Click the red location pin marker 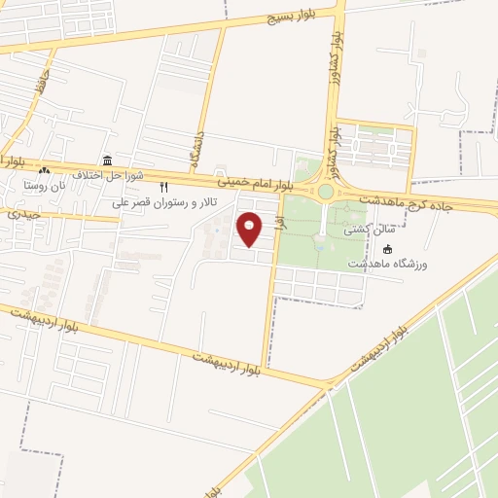tap(250, 230)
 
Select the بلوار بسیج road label tap(292, 17)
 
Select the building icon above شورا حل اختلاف tap(107, 160)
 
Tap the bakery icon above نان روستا tap(43, 170)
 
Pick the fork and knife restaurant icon tap(164, 187)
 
